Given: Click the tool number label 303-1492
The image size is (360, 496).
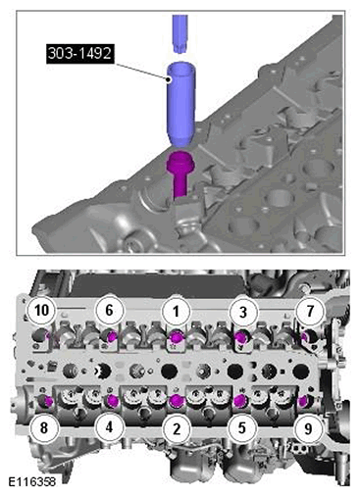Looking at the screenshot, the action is (80, 54).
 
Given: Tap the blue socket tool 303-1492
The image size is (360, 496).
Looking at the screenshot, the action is (180, 104).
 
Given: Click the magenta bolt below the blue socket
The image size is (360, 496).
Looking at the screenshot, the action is (180, 174).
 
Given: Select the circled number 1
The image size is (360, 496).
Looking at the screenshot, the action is (177, 311).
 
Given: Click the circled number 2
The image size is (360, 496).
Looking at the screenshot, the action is (177, 428).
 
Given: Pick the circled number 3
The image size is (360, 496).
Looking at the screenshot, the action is (242, 312).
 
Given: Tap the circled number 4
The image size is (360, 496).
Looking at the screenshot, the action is (109, 427).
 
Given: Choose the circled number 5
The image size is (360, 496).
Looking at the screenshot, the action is (242, 427).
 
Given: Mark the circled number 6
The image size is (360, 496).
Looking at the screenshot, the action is (109, 310).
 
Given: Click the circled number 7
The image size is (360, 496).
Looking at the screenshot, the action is (309, 310).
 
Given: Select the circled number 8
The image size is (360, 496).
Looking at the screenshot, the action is (43, 427).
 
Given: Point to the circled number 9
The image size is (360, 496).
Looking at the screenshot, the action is (308, 428).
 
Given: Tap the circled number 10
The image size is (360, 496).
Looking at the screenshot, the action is (41, 310).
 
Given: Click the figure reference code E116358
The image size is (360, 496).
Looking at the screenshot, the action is (31, 481).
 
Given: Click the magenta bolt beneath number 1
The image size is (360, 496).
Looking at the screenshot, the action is (177, 337).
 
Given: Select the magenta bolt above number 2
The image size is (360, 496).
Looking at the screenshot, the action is (176, 400).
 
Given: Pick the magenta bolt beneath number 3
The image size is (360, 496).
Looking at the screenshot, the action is (241, 337).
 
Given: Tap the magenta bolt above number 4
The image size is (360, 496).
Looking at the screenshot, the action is (113, 400).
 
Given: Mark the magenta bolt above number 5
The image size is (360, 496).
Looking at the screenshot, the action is (241, 400).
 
